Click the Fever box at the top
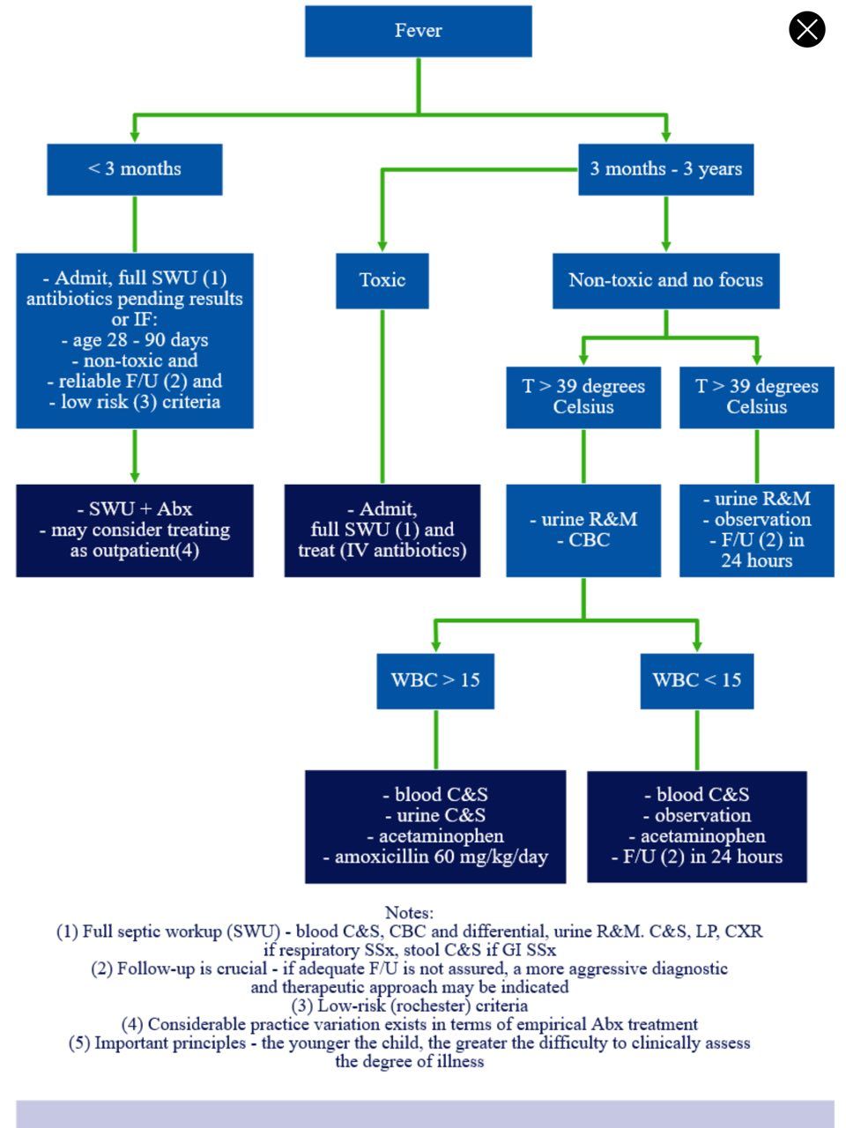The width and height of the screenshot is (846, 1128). point(418,31)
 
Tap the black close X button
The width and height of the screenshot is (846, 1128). point(806,29)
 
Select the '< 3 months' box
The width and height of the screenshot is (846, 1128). point(135,169)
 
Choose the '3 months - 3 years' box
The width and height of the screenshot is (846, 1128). point(665,169)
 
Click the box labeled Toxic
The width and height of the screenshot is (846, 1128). point(382,280)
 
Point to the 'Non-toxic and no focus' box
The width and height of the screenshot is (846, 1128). point(665,280)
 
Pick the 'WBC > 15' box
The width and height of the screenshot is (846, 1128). point(435,681)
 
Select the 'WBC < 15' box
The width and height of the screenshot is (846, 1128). point(697,681)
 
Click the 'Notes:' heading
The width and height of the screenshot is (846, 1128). point(410,913)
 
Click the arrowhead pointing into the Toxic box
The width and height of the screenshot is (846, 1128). point(382,246)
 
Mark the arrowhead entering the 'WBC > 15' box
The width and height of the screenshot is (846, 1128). point(435,645)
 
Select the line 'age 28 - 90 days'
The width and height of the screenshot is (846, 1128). point(135,340)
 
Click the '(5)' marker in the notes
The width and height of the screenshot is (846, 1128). point(78,1043)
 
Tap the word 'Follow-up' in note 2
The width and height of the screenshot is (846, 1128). point(157,969)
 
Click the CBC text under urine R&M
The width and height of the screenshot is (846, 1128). point(589,540)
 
